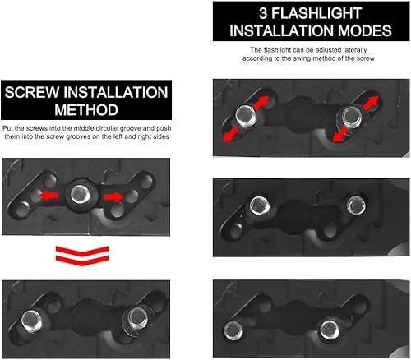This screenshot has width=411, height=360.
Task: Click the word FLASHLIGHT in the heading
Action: tap(316, 14)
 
